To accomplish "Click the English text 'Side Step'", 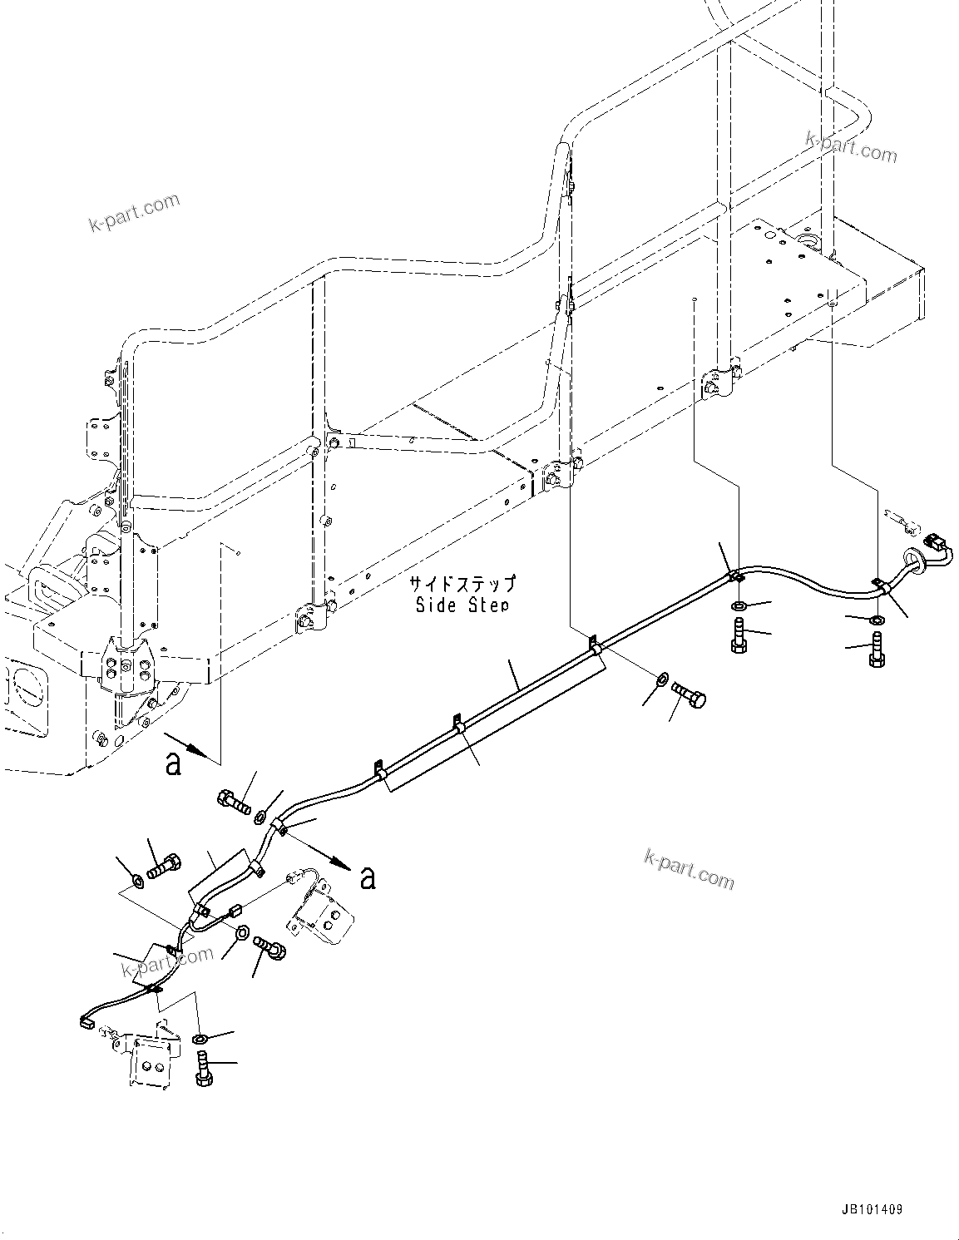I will click(462, 605).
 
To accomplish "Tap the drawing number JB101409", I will click(864, 1209).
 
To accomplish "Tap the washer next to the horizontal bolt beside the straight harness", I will click(660, 680).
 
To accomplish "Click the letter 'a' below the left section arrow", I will click(172, 763).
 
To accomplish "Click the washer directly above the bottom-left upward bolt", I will click(199, 1039).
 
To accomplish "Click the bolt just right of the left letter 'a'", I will click(233, 802).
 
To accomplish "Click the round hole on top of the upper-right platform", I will click(807, 240).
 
